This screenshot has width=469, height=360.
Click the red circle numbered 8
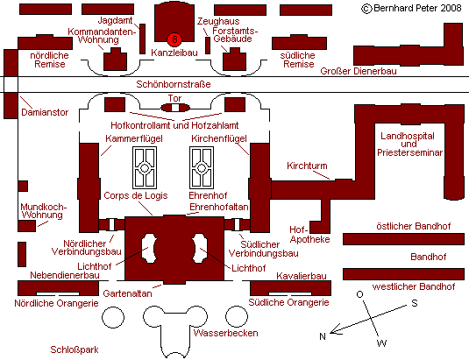(174, 39)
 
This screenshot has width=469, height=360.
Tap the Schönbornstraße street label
(174, 84)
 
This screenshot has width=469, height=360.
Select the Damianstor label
(45, 112)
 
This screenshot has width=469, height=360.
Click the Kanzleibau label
(174, 53)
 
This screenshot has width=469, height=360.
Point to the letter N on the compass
(322, 336)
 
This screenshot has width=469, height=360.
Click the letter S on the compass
(415, 303)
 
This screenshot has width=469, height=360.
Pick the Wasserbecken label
(226, 333)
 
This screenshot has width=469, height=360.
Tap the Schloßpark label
(75, 349)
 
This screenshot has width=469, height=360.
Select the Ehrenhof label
(208, 195)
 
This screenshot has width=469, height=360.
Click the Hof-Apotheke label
(309, 235)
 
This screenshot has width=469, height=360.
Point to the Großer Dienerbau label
(359, 71)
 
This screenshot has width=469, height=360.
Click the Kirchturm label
(307, 166)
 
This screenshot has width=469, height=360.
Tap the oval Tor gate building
(175, 108)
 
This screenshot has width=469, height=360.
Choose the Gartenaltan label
(127, 293)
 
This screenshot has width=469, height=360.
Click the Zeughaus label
(218, 21)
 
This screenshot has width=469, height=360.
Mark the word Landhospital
(408, 136)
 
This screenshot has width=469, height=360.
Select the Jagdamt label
(115, 20)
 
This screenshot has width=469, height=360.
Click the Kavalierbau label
(302, 276)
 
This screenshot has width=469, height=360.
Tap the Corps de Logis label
(136, 195)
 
